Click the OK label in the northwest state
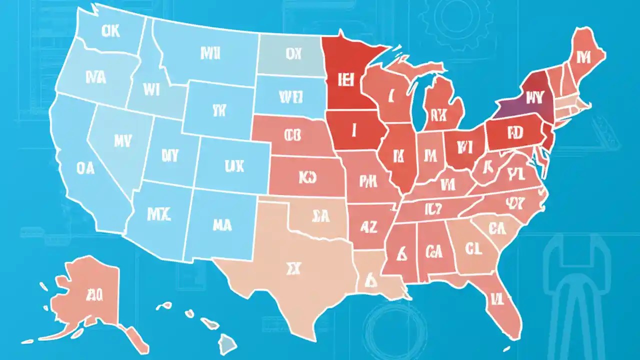coord(110,31)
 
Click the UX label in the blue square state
coord(234,165)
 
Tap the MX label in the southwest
coord(159,214)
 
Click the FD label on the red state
coord(514,133)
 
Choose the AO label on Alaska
coord(94,295)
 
